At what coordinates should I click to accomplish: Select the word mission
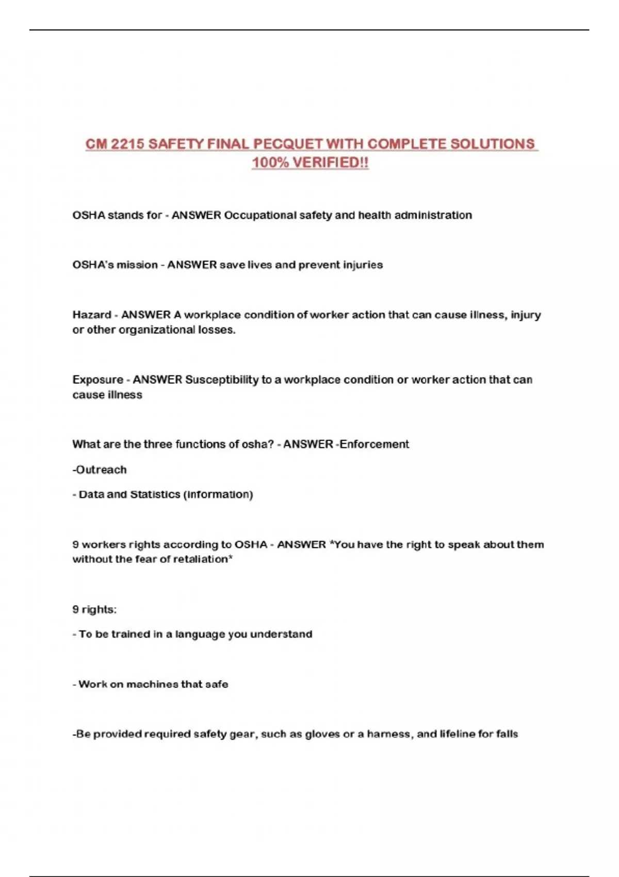coord(137,265)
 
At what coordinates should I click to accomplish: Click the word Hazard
coord(92,315)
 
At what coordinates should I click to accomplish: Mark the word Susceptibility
coord(221,380)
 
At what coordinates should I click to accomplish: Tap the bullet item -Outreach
coord(100,470)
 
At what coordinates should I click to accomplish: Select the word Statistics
coord(155,495)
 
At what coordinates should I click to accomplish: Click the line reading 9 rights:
coord(94,610)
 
